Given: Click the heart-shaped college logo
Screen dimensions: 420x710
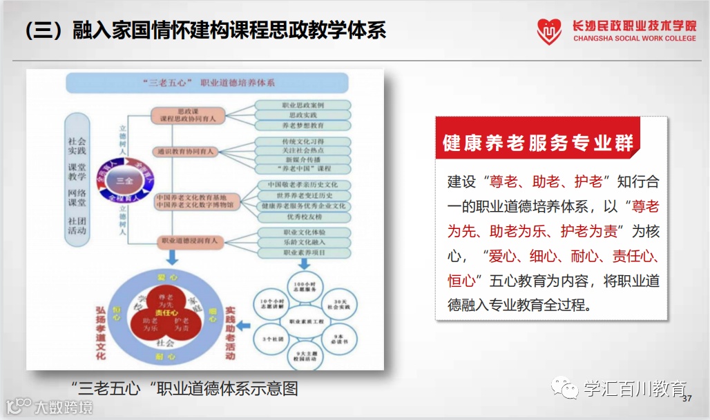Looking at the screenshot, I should pos(550,31).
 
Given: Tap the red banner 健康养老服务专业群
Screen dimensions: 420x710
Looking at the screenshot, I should pos(538,143).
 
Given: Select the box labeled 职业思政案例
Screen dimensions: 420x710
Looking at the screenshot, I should pos(303,105).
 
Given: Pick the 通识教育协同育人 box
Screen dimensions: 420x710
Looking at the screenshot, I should pos(185,151).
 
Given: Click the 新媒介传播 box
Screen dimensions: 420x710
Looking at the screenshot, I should pos(303,159).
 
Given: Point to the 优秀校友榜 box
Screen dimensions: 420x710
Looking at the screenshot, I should pos(303,216).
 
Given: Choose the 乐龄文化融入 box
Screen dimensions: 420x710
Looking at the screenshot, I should pos(303,242).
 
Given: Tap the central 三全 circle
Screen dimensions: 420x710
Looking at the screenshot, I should pos(124,181).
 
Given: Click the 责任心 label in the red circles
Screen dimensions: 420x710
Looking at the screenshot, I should pos(163,312).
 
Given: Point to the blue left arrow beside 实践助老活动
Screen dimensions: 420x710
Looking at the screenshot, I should pos(243,324).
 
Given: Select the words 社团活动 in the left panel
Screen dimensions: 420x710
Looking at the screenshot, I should pos(77,226).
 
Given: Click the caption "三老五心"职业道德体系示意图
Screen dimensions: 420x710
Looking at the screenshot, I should pos(184,388).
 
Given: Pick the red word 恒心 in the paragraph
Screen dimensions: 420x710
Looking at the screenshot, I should pos(461,281).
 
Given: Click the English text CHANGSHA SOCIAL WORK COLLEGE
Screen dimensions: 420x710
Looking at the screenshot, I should pos(634,39).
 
